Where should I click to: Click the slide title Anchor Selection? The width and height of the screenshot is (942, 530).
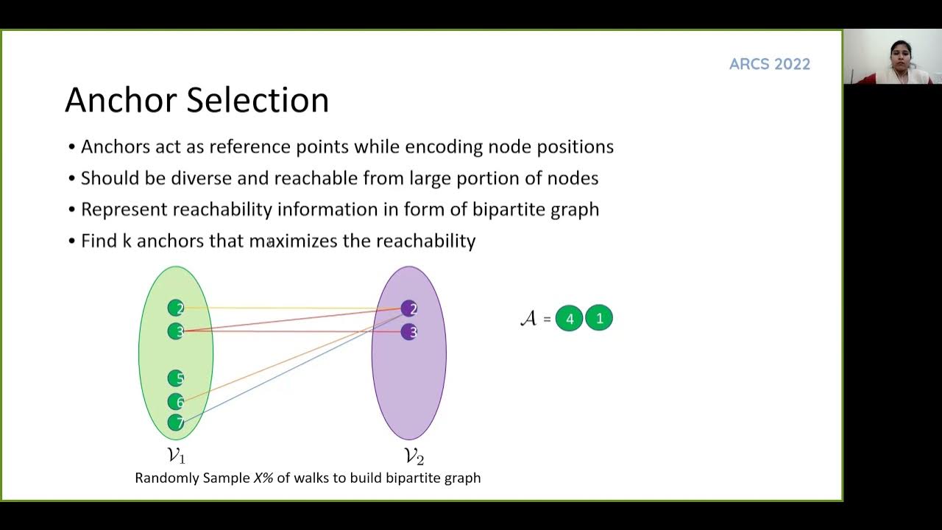(196, 100)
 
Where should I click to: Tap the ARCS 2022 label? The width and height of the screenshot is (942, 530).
(769, 64)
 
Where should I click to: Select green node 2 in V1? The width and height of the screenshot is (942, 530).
(176, 308)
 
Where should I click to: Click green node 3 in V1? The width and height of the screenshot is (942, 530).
(176, 331)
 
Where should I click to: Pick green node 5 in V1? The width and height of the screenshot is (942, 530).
(176, 378)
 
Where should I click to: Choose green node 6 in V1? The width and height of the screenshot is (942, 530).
(176, 401)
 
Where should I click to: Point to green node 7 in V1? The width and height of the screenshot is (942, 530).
(176, 423)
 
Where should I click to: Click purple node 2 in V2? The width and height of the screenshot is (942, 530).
(409, 308)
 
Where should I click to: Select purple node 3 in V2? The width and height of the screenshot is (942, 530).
(409, 332)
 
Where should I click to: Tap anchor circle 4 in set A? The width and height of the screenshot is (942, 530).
(569, 319)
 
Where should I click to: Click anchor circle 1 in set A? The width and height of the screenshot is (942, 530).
(599, 318)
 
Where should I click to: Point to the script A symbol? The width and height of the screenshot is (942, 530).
(528, 318)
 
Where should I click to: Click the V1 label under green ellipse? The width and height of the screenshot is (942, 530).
(177, 456)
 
